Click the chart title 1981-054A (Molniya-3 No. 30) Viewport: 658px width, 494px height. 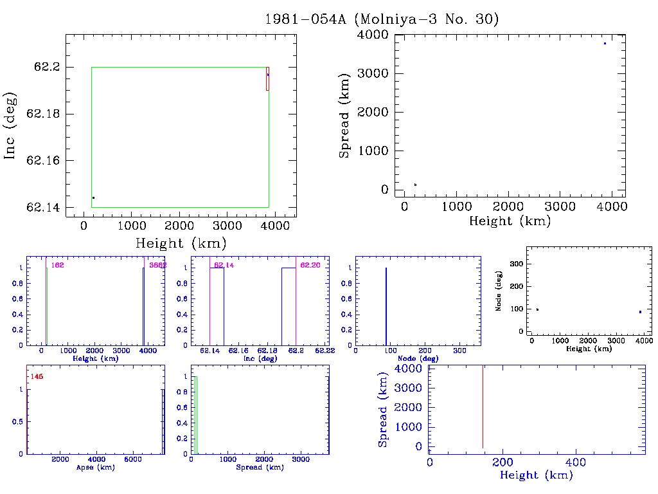tap(382, 19)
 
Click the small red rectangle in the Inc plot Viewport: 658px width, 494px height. tap(267, 78)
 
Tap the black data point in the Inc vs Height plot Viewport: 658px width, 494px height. tap(94, 197)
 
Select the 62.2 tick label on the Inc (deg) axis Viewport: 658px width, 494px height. tap(46, 67)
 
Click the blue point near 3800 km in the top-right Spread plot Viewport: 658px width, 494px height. tap(605, 43)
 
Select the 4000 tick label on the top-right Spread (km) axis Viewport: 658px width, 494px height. tap(373, 34)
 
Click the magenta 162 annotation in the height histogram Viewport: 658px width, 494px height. tap(58, 265)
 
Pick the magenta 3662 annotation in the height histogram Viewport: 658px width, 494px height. tap(157, 265)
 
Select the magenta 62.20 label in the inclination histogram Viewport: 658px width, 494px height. tap(310, 265)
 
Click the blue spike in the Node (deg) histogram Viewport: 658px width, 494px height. tap(386, 306)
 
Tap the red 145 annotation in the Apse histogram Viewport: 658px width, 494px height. tap(37, 376)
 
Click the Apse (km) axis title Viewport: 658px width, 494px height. tap(95, 467)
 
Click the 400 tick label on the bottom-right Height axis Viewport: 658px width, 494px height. tap(574, 462)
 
